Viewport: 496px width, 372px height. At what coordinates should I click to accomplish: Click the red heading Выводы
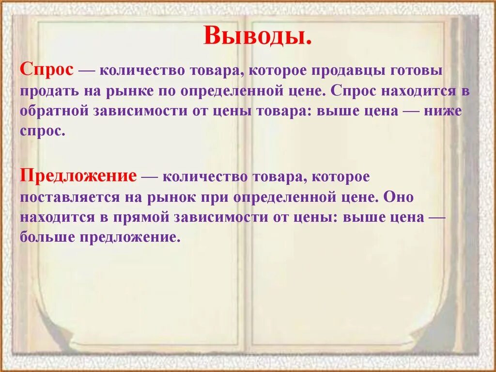pos(257,35)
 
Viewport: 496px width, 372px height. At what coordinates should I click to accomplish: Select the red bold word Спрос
pos(47,71)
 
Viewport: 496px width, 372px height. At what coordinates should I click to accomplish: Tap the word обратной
pos(52,112)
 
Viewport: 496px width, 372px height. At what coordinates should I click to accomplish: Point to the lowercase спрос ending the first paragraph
pos(42,131)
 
